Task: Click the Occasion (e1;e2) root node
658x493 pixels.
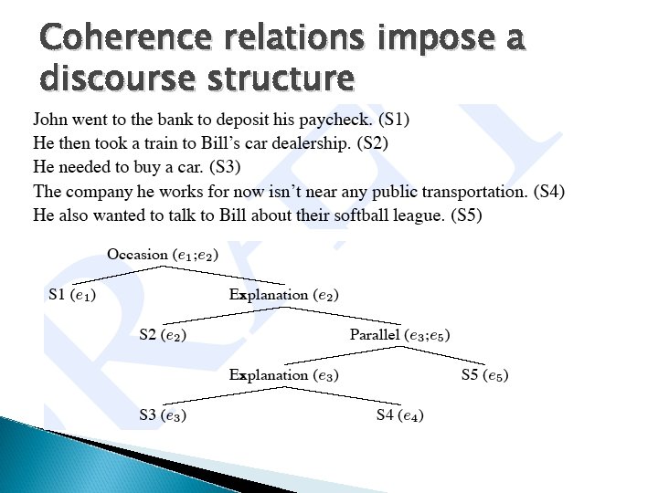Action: coord(163,255)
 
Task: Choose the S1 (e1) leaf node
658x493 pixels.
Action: coord(72,295)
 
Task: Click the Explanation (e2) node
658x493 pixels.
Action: coord(284,295)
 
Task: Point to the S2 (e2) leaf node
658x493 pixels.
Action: coord(163,335)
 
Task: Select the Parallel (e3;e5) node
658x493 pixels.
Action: coord(399,335)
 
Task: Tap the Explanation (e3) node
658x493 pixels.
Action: coord(284,375)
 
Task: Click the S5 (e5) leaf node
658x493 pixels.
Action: coord(484,375)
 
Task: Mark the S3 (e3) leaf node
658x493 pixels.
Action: coord(163,415)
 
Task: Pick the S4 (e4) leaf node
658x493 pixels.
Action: coord(400,415)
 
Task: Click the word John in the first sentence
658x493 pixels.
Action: coord(49,120)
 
